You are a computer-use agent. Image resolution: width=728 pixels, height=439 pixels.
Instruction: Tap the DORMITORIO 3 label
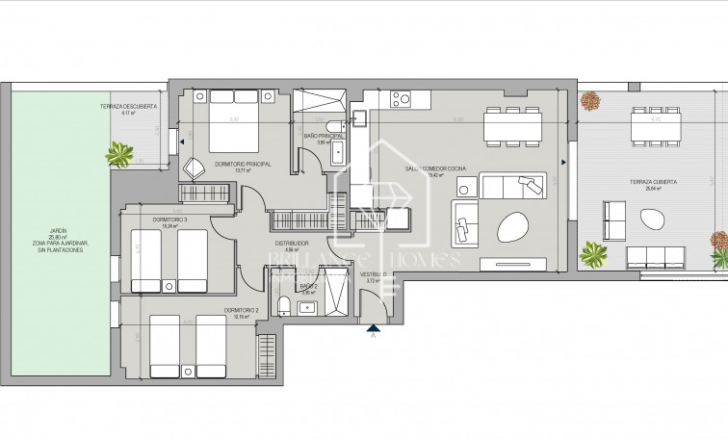tap(169, 220)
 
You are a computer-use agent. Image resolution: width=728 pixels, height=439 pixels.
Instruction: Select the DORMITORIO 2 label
tap(240, 310)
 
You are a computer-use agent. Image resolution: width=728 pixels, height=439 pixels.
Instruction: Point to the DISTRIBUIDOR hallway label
tap(290, 243)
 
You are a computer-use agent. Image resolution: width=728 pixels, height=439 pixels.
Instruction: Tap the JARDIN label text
tap(60, 231)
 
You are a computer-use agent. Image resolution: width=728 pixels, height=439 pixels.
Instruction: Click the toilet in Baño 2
tap(284, 306)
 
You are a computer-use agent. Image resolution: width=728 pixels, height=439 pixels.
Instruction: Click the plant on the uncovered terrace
tap(121, 153)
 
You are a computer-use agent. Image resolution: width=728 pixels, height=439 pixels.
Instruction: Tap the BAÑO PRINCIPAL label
tap(324, 137)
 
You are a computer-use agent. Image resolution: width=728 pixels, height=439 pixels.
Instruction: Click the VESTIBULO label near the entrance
tap(374, 275)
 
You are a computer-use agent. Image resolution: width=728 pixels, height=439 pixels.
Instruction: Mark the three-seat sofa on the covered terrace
tap(655, 257)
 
